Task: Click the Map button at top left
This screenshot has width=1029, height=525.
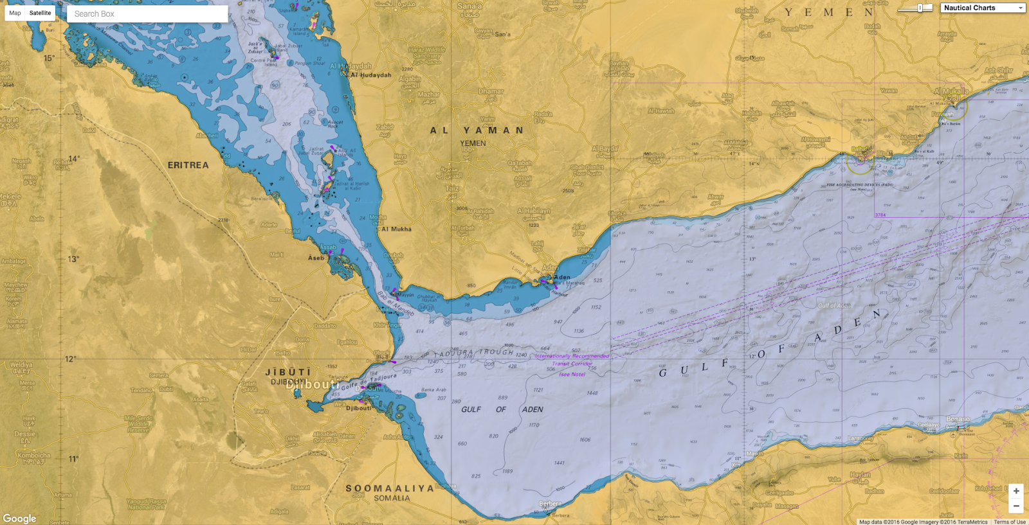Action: (15, 13)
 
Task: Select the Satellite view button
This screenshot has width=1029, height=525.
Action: (40, 13)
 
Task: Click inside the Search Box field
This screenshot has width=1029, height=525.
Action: (147, 13)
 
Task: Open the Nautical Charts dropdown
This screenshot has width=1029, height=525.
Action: (982, 8)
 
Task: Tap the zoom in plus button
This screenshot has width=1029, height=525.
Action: (1016, 491)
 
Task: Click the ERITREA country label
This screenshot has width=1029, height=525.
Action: (188, 165)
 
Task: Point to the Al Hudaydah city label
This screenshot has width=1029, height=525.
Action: (371, 75)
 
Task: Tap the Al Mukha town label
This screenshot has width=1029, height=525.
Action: (396, 229)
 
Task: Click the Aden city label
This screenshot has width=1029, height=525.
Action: (562, 278)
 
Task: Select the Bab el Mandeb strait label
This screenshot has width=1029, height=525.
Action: (396, 303)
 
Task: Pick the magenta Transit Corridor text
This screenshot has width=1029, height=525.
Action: (572, 364)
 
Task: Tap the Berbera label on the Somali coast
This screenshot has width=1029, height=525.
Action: (550, 504)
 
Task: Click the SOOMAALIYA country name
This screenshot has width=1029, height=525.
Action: (390, 488)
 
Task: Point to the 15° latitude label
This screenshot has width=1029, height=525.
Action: (49, 58)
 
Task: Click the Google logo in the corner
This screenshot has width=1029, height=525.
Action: (19, 518)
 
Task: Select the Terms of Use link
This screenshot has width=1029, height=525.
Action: (1010, 522)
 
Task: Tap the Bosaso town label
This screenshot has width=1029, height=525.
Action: (958, 419)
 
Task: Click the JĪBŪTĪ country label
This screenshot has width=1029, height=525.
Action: (288, 372)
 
